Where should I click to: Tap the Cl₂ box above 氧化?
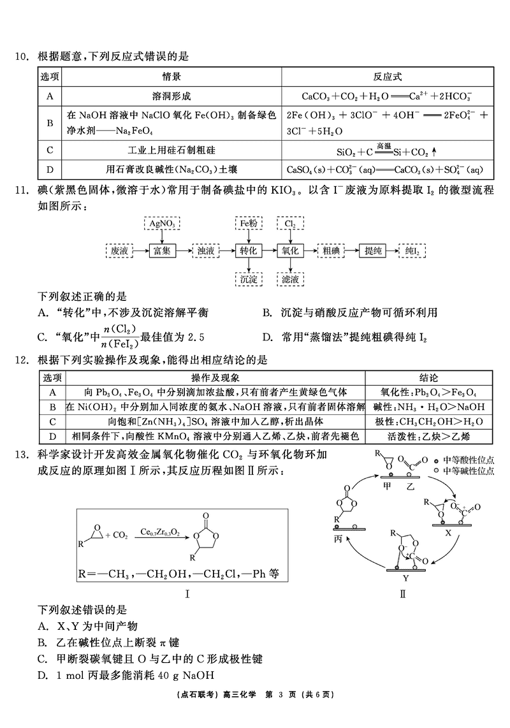(290, 224)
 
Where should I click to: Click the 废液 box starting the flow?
(119, 251)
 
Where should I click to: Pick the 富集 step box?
(161, 251)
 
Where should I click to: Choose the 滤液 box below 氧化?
(290, 278)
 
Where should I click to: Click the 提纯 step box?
(373, 251)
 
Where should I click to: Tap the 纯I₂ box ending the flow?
(414, 251)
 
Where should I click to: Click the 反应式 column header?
(388, 76)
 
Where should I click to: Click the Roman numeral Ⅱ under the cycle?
(402, 594)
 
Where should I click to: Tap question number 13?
(22, 454)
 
